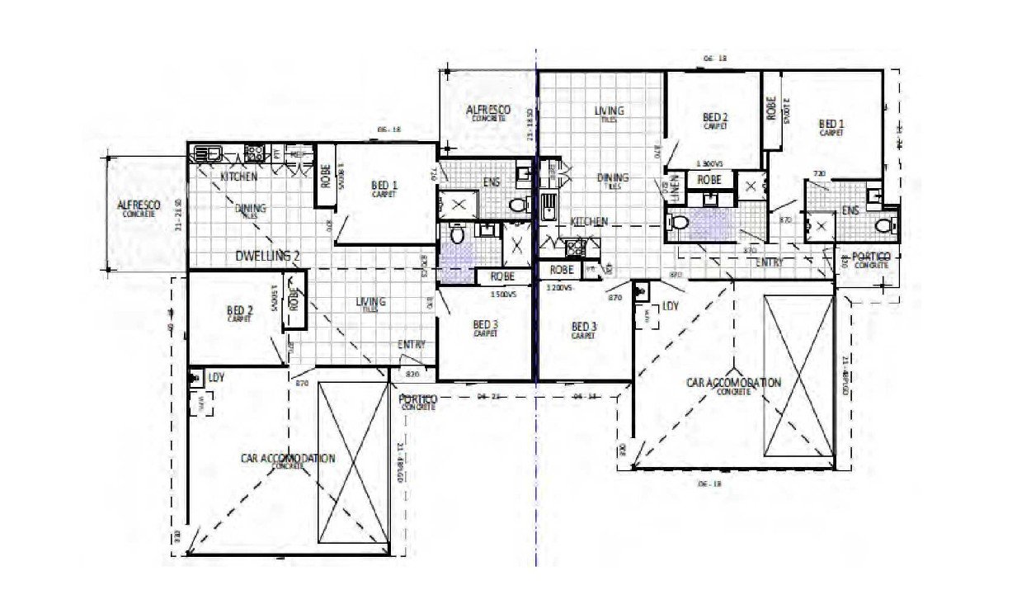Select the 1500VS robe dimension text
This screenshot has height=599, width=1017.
[502, 292]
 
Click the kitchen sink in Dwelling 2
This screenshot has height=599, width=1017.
[204, 152]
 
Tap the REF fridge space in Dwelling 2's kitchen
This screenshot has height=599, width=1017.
[299, 153]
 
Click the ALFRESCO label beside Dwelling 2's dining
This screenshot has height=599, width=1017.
[139, 205]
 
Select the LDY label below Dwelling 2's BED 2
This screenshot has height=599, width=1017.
[216, 376]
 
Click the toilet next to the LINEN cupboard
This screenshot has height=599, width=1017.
[680, 221]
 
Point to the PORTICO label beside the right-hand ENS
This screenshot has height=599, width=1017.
[871, 259]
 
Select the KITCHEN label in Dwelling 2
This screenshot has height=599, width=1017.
[238, 177]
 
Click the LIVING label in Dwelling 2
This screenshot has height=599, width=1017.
[371, 303]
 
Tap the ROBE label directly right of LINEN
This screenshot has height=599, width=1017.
[709, 179]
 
